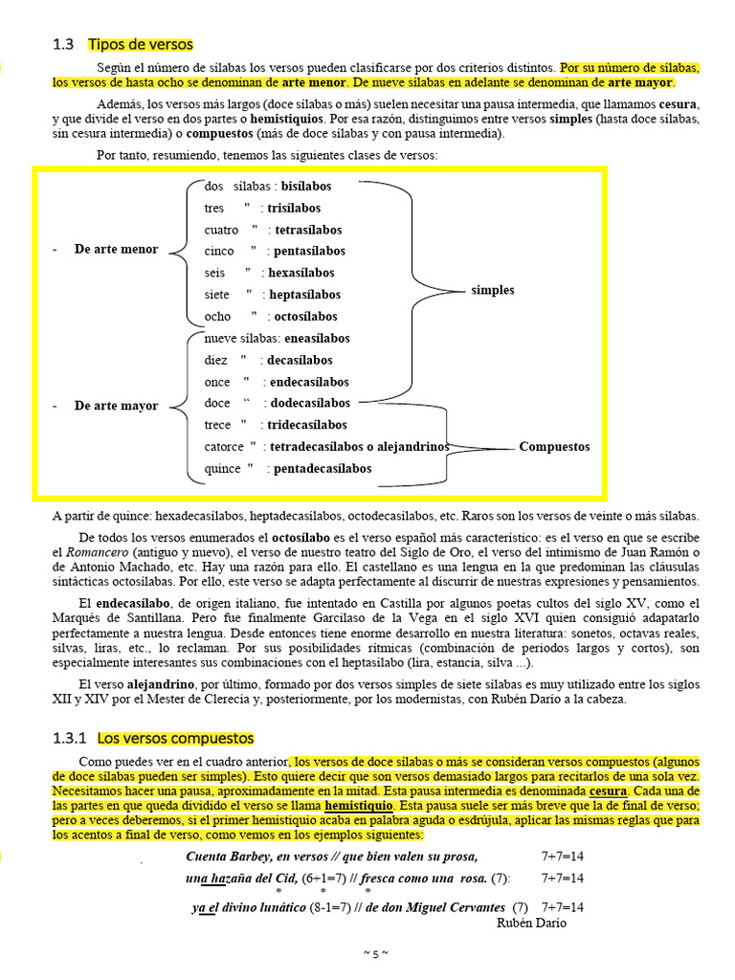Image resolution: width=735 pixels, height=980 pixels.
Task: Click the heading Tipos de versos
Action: (140, 44)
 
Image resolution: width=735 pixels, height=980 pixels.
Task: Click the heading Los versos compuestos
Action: (175, 738)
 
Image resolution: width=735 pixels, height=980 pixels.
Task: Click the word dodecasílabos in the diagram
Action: (310, 403)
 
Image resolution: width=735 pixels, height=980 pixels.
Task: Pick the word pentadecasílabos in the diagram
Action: (323, 468)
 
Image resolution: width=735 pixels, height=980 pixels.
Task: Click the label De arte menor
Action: (116, 250)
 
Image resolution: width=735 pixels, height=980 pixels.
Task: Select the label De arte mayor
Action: (116, 406)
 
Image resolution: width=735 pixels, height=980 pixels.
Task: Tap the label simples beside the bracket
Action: (492, 290)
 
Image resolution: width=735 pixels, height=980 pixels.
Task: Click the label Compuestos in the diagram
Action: (554, 446)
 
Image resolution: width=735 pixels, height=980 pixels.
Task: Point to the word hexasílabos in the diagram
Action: (301, 273)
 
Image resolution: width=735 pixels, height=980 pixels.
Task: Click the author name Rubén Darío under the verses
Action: (531, 923)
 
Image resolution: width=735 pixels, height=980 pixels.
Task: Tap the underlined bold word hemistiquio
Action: (357, 807)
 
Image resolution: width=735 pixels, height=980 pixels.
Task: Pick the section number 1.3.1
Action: (70, 738)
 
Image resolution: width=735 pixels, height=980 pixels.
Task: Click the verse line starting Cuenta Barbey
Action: (331, 856)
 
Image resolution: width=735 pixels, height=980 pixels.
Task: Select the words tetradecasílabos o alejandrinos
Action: (359, 446)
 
